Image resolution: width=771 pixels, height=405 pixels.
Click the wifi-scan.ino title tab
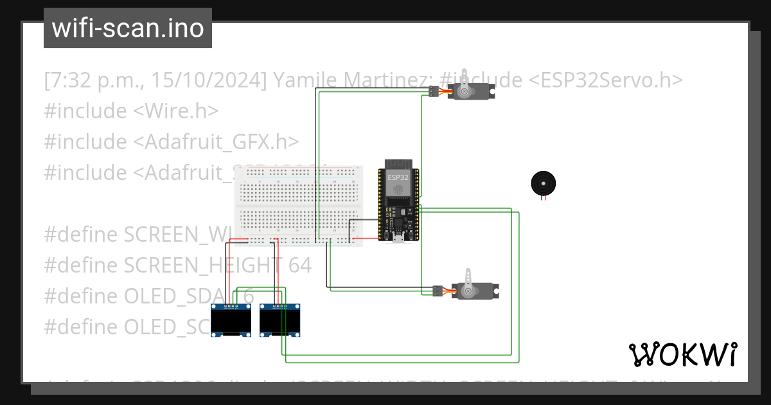[x=128, y=28]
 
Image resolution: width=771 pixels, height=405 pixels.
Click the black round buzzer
[x=543, y=184]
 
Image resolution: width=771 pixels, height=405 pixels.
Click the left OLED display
[x=231, y=320]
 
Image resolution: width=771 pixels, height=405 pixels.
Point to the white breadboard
[x=299, y=206]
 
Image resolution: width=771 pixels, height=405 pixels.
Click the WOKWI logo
[x=682, y=354]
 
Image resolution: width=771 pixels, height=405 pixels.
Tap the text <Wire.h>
[x=175, y=111]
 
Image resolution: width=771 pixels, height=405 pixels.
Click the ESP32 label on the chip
[x=398, y=177]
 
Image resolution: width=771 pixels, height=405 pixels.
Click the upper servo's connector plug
[x=434, y=91]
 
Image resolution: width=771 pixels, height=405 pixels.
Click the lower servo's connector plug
[x=438, y=291]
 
